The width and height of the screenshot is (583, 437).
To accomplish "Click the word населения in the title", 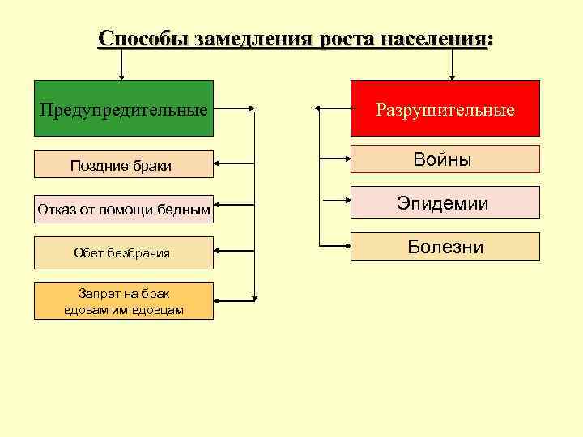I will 432,38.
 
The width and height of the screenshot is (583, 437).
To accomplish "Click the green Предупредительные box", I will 123,108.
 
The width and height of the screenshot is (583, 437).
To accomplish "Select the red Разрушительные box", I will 445,108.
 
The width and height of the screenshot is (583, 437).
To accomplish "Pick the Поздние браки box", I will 123,165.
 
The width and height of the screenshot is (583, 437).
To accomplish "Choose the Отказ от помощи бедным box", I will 123,210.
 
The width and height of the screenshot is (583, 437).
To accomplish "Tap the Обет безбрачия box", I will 123,252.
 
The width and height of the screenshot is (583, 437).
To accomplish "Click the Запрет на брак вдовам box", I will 123,301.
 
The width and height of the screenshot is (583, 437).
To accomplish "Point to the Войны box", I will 445,159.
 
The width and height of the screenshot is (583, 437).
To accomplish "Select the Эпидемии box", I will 445,203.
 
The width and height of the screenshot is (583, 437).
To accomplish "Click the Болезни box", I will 445,246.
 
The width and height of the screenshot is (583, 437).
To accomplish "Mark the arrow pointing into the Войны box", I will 335,159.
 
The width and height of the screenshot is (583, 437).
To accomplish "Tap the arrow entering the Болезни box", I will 335,246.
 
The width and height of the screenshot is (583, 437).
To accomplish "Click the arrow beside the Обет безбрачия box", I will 235,252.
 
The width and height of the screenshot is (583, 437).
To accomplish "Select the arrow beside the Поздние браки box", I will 235,165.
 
